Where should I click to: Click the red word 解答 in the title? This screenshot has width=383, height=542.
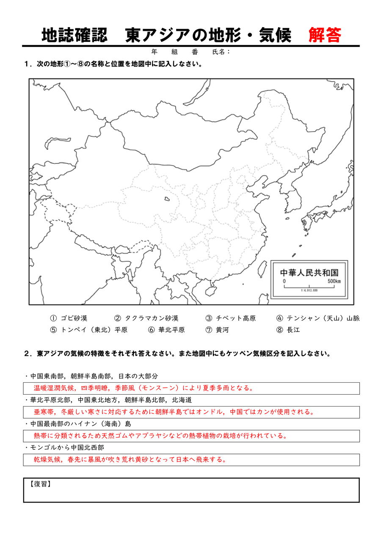click(325, 36)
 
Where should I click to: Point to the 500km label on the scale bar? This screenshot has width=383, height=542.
click(334, 281)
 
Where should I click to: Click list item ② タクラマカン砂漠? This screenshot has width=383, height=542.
click(146, 318)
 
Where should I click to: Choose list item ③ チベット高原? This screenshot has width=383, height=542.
click(230, 318)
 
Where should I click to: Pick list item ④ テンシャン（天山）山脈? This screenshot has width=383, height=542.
click(318, 318)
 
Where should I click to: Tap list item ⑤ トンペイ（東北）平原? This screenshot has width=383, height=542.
click(88, 330)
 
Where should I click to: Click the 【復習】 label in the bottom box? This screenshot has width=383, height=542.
click(41, 484)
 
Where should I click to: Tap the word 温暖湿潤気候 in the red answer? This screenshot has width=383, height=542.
click(54, 388)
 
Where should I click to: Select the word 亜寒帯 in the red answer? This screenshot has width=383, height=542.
click(44, 412)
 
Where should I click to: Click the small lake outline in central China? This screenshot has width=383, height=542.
click(168, 198)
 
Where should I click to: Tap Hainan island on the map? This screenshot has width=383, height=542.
click(209, 291)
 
